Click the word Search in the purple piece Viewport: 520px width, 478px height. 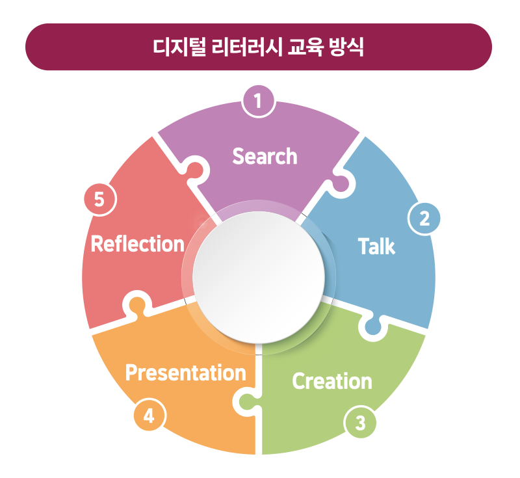(265, 156)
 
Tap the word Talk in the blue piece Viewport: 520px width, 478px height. (377, 246)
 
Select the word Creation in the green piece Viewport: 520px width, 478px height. (332, 381)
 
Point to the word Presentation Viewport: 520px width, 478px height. (186, 373)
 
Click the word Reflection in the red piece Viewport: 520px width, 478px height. (137, 244)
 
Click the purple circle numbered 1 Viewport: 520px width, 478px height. (258, 101)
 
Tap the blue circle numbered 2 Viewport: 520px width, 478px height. (424, 219)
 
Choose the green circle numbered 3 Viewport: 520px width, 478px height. (361, 423)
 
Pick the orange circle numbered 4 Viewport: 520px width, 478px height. (149, 415)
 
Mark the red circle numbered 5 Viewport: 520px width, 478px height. (100, 200)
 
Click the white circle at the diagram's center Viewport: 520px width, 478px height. (259, 277)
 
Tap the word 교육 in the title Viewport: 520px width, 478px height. (305, 47)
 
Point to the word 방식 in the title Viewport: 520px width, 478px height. (346, 47)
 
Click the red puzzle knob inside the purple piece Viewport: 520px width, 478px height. (196, 170)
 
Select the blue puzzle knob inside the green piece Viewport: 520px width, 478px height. (373, 326)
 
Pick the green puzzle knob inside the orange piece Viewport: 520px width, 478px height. (247, 402)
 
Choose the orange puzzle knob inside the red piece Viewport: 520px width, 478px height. (136, 304)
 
